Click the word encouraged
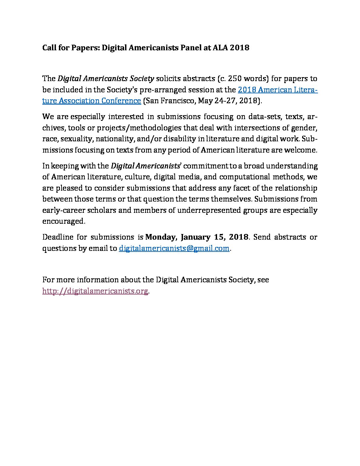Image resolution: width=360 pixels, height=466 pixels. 63,221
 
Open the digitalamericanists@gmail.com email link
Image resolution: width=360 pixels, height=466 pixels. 174,248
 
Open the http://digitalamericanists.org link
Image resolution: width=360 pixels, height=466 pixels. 95,291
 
